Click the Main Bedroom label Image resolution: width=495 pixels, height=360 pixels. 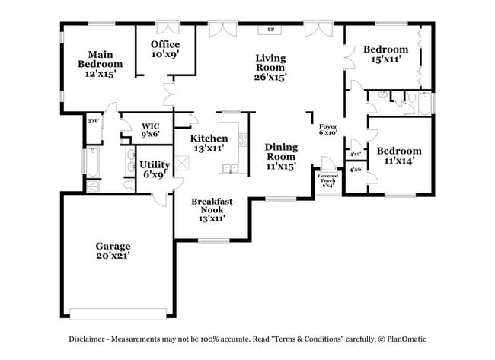pos(100,64)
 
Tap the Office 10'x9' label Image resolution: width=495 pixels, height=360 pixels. pos(164,49)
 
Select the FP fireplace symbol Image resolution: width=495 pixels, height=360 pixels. pos(270,30)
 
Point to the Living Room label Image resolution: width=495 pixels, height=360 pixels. pos(270,67)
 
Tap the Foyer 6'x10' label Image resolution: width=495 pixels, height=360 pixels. pos(328,129)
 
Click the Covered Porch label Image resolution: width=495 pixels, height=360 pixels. pos(328,180)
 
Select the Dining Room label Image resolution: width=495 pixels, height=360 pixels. pos(280,156)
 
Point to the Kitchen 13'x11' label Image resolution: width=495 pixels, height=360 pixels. pos(209,143)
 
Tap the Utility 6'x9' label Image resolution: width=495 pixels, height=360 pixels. pos(155,169)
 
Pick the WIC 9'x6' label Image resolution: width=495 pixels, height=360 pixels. pos(150,130)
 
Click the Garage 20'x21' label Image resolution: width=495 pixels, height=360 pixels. pos(113,251)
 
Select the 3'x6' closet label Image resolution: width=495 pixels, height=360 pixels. pos(94,120)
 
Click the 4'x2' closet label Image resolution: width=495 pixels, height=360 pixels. pos(355,155)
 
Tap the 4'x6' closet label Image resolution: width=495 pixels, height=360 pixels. pos(355,170)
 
